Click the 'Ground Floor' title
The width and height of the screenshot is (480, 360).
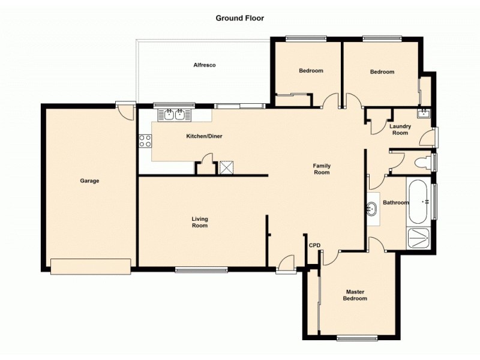(239, 18)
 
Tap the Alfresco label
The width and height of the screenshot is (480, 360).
(204, 65)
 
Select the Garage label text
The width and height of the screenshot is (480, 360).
(90, 181)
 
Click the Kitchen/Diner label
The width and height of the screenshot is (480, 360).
(204, 137)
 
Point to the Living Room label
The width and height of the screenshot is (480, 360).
(200, 222)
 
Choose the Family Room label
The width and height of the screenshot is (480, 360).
(322, 169)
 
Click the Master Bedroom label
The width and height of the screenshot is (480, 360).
(355, 295)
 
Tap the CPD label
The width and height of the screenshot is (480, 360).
(314, 245)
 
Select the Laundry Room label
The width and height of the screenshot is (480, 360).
(400, 130)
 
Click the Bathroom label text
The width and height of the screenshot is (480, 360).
(396, 203)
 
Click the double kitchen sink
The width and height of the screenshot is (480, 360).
(175, 113)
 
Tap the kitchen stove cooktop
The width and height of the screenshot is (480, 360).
(145, 142)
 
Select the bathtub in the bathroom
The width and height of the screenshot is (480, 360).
(419, 200)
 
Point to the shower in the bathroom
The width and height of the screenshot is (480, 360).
(418, 238)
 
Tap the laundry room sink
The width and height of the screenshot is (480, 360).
(423, 113)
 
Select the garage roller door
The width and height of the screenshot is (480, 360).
(91, 266)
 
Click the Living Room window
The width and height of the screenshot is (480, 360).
(202, 269)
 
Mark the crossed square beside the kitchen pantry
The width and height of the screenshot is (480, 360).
(227, 167)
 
